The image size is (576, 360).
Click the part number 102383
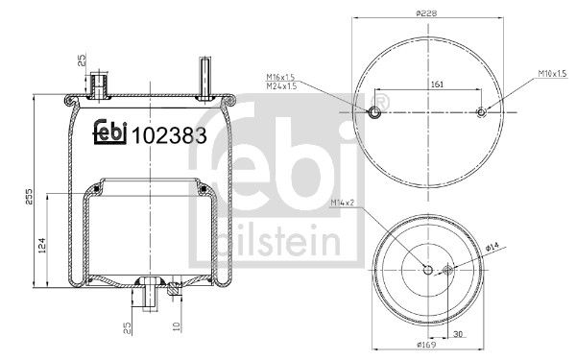coord(174,134)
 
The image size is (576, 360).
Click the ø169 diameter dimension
coord(427,344)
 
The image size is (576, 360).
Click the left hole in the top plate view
coord(374,112)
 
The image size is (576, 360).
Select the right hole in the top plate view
coord(481,112)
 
